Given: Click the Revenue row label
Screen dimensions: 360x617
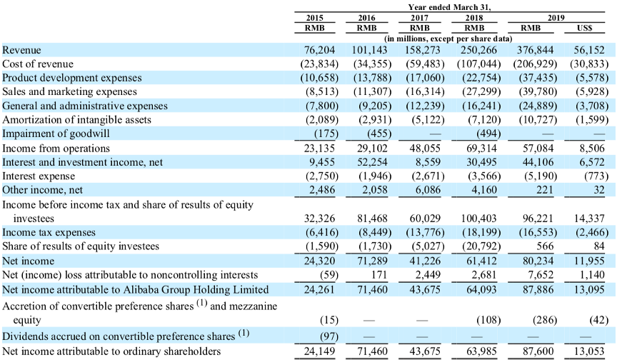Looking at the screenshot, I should coord(22,50).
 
